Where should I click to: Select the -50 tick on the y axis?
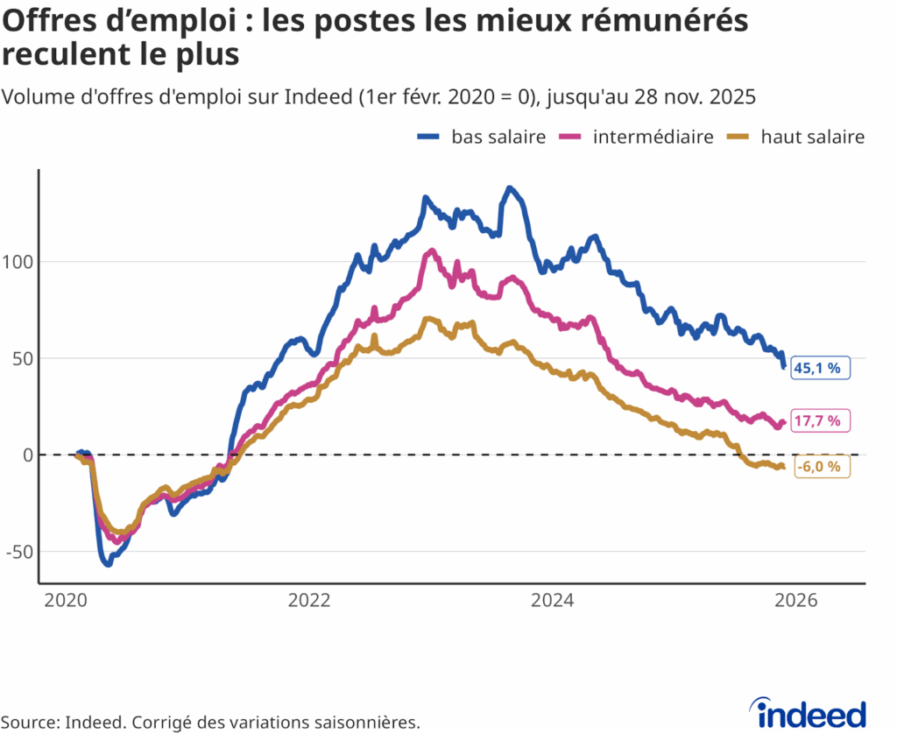click(x=18, y=552)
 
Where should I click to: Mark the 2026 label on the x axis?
click(x=797, y=601)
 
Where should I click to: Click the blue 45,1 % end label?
click(x=820, y=368)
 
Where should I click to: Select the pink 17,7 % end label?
click(x=820, y=421)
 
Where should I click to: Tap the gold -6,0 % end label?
click(x=821, y=467)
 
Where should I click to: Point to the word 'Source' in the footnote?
click(x=29, y=723)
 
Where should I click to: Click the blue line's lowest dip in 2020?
click(x=108, y=564)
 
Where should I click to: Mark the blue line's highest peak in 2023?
click(x=510, y=188)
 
